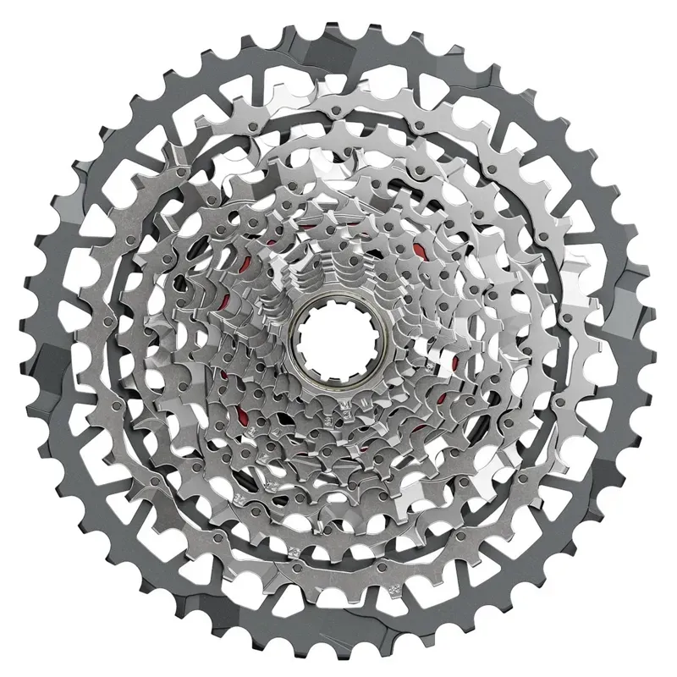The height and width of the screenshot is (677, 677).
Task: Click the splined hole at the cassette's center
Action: point(332,338)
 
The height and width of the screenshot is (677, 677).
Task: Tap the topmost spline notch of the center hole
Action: point(332,305)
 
